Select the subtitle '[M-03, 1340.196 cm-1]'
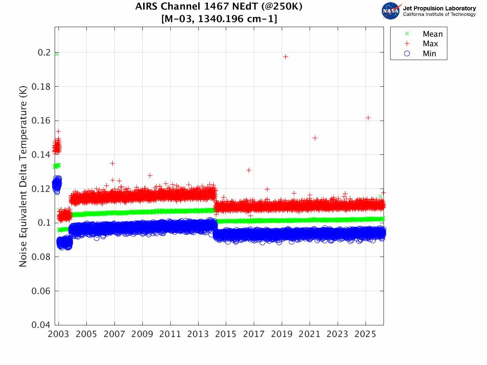tap(219, 19)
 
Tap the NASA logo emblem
tap(391, 11)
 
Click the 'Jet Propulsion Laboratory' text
tap(439, 8)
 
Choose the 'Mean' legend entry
tap(432, 34)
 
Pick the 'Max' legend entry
tap(430, 44)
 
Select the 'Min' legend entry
tap(429, 53)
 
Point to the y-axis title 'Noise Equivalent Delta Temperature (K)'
tap(23, 177)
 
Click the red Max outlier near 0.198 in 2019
tap(285, 57)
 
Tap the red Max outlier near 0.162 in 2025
tap(368, 118)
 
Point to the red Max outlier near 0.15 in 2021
tap(315, 138)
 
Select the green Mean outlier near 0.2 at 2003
tap(56, 54)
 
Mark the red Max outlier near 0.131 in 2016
tap(249, 170)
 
